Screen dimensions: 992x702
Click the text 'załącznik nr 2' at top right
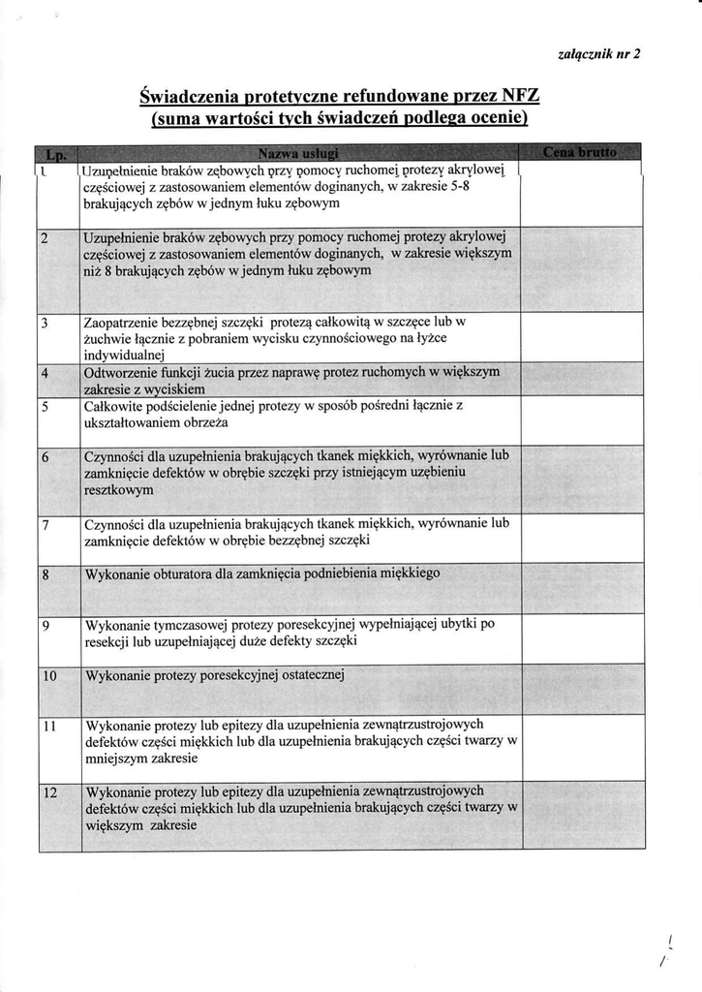point(599,54)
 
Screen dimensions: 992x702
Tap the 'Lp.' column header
point(56,153)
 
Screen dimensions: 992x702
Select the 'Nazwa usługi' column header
point(298,153)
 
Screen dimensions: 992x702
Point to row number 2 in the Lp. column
point(46,237)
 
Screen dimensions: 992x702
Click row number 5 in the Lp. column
point(46,406)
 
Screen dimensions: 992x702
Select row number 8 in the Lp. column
point(46,574)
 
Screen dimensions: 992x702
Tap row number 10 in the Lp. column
point(49,675)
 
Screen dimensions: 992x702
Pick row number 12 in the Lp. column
point(49,792)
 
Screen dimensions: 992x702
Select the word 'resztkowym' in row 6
point(119,491)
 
